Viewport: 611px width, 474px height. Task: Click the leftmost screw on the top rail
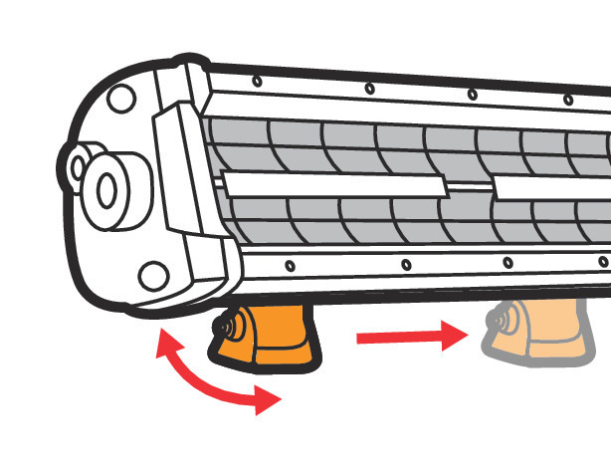257,81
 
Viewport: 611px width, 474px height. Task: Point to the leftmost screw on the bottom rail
289,265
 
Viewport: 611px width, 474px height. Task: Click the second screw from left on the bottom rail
405,264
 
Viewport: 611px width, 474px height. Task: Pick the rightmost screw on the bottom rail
601,261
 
